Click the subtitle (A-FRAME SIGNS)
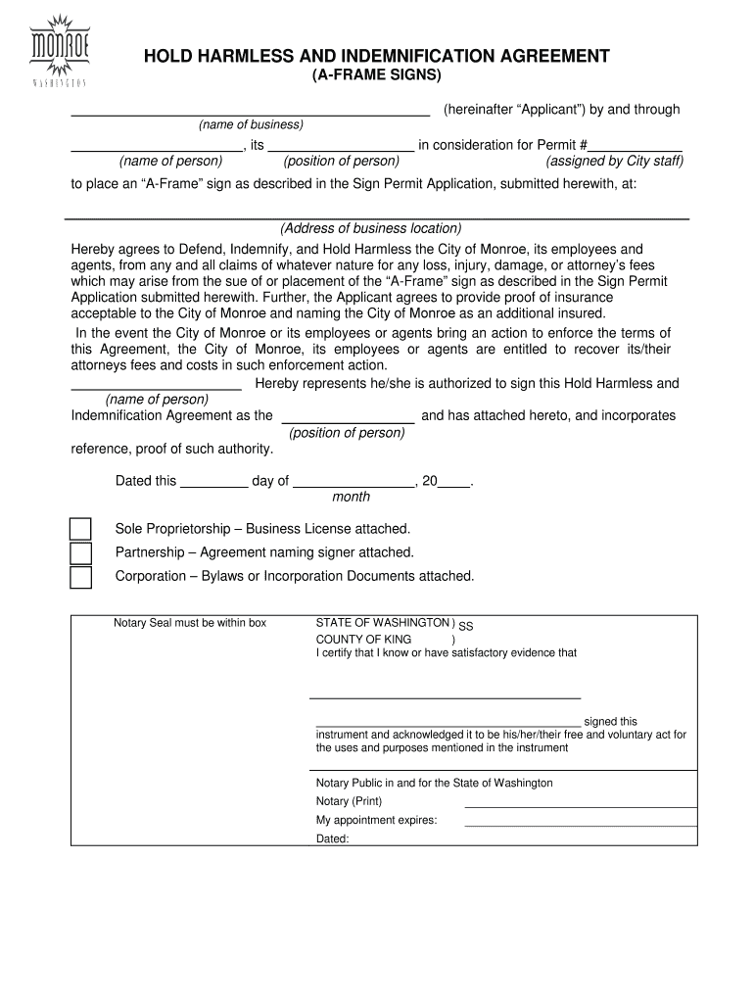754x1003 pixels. point(377,75)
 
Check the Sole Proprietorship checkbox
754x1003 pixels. point(80,529)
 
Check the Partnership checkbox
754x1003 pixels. point(80,553)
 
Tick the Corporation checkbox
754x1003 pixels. point(80,577)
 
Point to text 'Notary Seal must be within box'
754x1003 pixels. point(190,623)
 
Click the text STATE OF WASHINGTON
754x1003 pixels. point(382,623)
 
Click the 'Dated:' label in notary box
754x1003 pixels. point(332,838)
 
